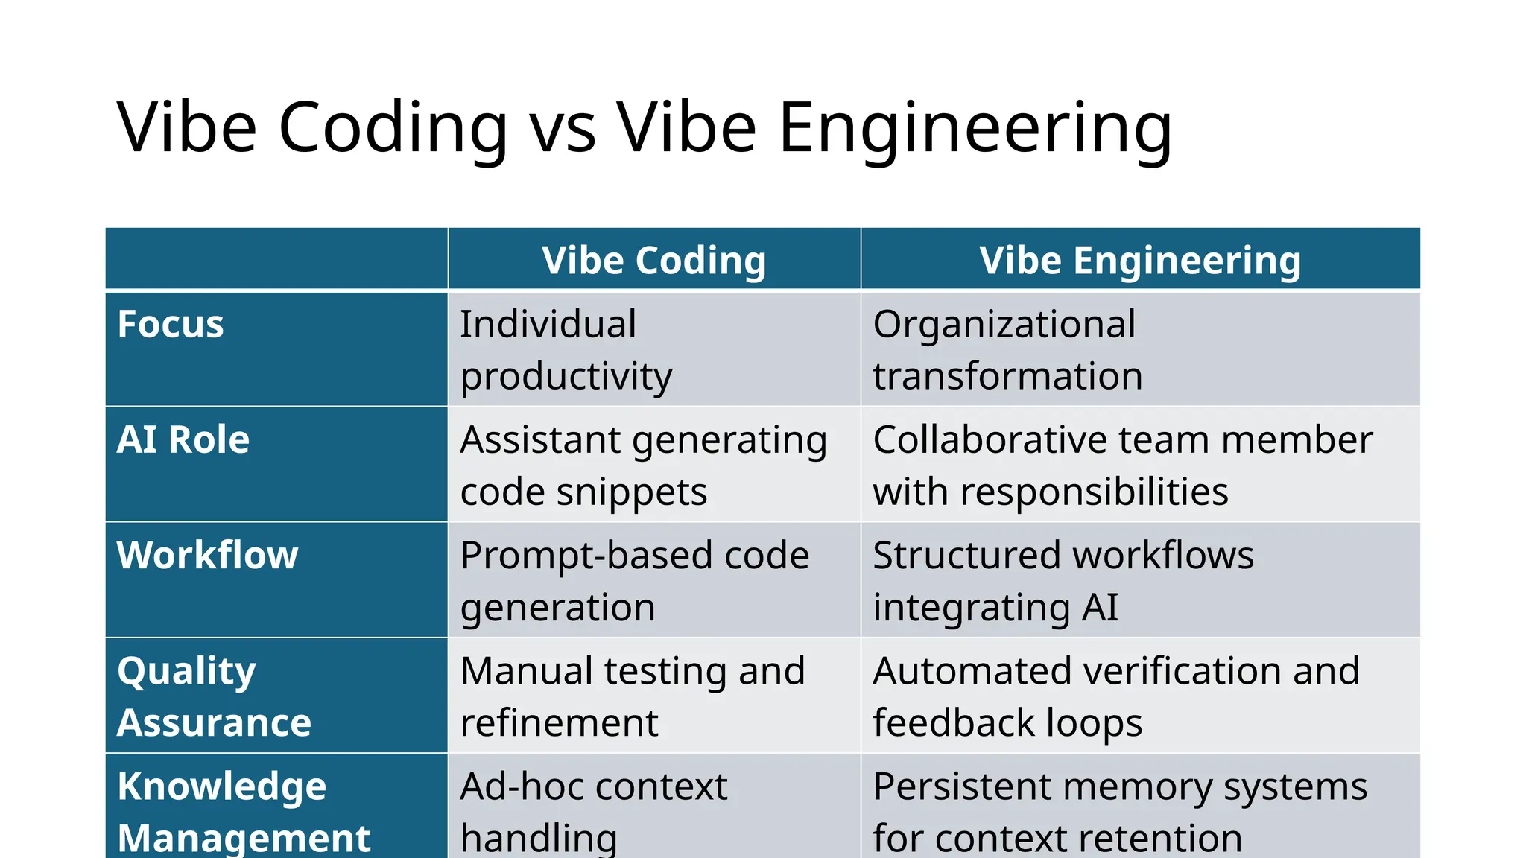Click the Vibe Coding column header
point(653,260)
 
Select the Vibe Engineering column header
point(1140,260)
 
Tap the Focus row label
point(171,325)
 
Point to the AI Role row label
point(183,439)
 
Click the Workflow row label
point(208,556)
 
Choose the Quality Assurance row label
point(214,696)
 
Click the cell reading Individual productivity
point(566,350)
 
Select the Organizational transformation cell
point(1007,350)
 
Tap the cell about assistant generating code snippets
point(644,465)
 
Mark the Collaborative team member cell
point(1123,465)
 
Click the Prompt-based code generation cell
point(635,581)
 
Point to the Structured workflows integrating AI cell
point(1063,581)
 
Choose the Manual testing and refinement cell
point(633,696)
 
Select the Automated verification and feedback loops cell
point(1116,696)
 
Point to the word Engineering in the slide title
point(975,128)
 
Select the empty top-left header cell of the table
point(276,258)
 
